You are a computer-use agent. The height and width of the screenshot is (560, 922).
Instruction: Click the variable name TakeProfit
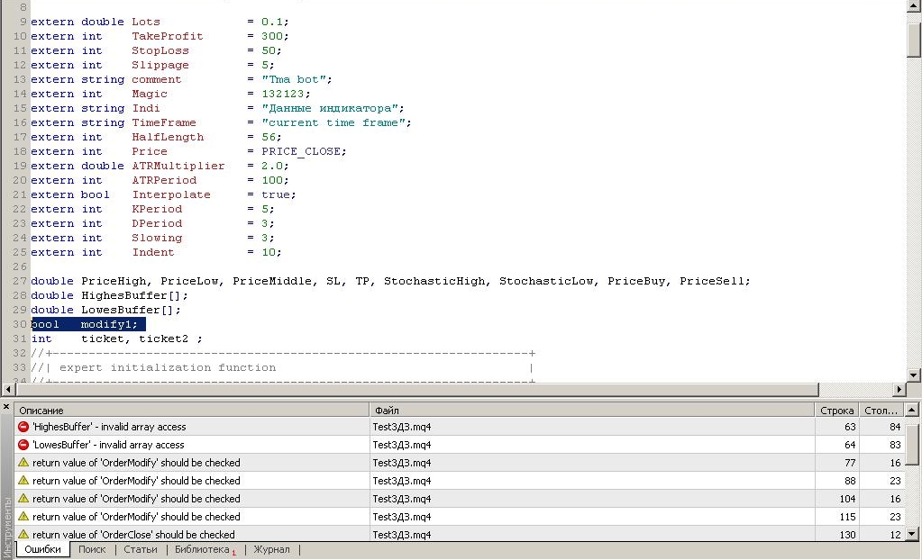click(x=167, y=36)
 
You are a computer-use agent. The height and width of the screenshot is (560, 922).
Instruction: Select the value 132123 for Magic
click(x=283, y=94)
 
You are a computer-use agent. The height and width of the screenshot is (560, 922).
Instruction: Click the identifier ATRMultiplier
click(x=178, y=166)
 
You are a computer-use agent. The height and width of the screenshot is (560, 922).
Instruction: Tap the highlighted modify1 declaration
click(x=88, y=324)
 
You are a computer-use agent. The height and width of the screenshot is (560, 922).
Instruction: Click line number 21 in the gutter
click(x=20, y=194)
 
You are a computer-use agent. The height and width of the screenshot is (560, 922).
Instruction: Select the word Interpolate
click(x=171, y=194)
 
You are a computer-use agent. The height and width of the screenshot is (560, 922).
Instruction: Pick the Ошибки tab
click(x=42, y=549)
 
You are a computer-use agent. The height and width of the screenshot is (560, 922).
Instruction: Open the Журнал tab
click(x=271, y=549)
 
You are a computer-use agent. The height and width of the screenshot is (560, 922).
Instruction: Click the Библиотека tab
click(x=202, y=549)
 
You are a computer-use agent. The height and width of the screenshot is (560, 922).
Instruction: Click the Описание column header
click(x=41, y=411)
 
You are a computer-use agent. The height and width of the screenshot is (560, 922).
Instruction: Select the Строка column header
click(x=836, y=411)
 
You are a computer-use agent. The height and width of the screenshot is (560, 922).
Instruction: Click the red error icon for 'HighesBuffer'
click(x=23, y=427)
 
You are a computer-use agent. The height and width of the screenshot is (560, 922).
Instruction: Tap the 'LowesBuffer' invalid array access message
click(x=108, y=445)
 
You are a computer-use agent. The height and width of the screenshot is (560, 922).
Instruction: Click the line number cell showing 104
click(x=847, y=498)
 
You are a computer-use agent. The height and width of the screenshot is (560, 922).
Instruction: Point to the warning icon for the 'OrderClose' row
click(x=23, y=534)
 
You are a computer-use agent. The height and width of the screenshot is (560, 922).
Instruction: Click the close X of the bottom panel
click(x=6, y=407)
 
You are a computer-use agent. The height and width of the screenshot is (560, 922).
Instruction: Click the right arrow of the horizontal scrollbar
click(x=899, y=389)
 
